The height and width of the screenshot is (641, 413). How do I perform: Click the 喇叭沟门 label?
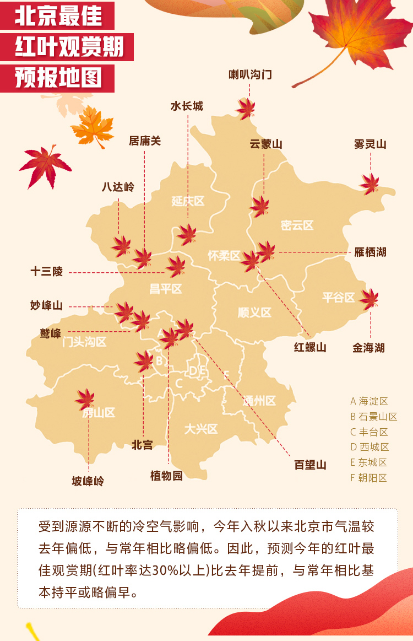pos(250,74)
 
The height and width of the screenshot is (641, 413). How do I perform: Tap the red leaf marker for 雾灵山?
pos(370,184)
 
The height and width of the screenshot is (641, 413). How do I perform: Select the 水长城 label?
pos(187,106)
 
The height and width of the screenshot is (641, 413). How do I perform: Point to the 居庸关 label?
pos(145,141)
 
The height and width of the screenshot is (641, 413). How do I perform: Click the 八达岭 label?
pos(118,187)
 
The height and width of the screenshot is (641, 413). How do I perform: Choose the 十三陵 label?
pos(47,271)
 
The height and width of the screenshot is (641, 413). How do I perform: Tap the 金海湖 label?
pos(368,348)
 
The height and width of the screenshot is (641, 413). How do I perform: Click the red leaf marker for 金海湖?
pos(369,299)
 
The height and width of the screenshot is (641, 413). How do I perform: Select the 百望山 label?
pos(310,465)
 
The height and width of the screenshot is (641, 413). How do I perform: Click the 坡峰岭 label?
pos(88,481)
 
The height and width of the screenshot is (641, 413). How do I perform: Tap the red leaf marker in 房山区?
pos(85,398)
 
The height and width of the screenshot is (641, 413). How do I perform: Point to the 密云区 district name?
pos(297,225)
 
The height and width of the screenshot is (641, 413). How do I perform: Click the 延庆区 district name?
pos(188,201)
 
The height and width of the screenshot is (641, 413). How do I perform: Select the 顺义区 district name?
pos(254,313)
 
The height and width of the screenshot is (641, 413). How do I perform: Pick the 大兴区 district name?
pos(201,428)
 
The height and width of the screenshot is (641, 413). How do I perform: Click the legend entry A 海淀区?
pos(369,401)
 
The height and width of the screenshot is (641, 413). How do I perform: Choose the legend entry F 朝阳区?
pos(368,478)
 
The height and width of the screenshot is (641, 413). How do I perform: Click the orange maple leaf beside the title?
pos(93,127)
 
